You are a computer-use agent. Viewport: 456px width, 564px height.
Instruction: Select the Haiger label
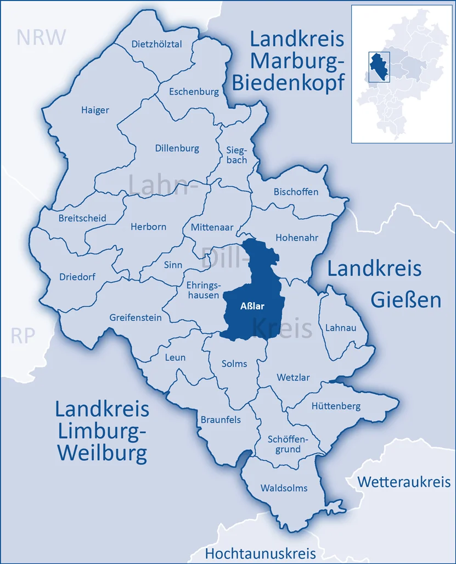95,110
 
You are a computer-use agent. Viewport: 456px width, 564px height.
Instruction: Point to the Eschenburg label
194,92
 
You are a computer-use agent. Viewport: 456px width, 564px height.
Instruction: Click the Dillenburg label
177,148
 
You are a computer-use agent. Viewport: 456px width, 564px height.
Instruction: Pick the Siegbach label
237,155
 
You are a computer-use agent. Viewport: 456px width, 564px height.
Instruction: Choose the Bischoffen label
296,192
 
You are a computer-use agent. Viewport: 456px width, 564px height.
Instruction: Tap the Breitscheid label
82,218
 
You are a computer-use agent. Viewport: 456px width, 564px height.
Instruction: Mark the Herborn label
148,226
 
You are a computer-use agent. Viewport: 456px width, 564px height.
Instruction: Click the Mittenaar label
212,226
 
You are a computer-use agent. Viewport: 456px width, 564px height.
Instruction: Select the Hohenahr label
297,238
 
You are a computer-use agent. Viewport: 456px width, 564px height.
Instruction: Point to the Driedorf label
77,277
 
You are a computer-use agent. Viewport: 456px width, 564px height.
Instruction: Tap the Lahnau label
340,327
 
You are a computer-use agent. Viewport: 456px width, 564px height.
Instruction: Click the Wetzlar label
293,378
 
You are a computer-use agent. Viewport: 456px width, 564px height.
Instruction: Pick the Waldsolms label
284,488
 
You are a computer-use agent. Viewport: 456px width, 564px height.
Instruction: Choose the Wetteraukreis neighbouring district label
404,482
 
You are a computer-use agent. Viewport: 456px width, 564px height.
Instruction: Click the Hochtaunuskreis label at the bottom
260,552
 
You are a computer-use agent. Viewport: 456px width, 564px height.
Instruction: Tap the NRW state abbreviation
41,37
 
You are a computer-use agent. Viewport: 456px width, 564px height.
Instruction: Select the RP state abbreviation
23,336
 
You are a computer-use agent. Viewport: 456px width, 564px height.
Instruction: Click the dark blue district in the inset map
377,66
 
